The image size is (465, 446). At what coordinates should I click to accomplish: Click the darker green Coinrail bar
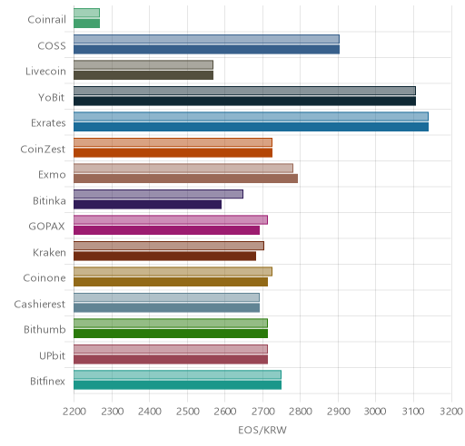pyautogui.click(x=86, y=24)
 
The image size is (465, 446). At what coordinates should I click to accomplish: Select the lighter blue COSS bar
pyautogui.click(x=206, y=39)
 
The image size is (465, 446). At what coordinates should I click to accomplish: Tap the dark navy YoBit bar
pyautogui.click(x=244, y=101)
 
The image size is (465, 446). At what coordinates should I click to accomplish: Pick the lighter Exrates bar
pyautogui.click(x=251, y=117)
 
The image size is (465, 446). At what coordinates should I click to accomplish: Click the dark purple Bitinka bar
pyautogui.click(x=147, y=204)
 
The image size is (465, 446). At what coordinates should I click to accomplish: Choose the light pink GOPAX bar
pyautogui.click(x=171, y=220)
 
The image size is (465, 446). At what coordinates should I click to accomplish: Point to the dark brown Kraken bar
pyautogui.click(x=164, y=256)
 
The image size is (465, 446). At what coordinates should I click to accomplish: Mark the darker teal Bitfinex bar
pyautogui.click(x=177, y=385)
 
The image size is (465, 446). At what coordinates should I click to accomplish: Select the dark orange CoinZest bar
pyautogui.click(x=173, y=152)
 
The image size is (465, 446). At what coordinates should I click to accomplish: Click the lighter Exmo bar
pyautogui.click(x=183, y=169)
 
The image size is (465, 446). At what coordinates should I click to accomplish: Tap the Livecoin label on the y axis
pyautogui.click(x=45, y=72)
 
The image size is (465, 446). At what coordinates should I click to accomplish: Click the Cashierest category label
pyautogui.click(x=39, y=304)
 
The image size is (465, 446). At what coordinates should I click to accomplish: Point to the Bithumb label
pyautogui.click(x=45, y=329)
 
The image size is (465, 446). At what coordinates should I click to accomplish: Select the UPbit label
pyautogui.click(x=52, y=355)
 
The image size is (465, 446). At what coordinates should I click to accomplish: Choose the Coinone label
pyautogui.click(x=45, y=278)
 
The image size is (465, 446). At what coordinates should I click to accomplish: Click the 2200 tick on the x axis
pyautogui.click(x=74, y=412)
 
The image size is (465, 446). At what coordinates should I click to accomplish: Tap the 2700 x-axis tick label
pyautogui.click(x=262, y=412)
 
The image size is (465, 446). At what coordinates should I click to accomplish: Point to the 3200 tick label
pyautogui.click(x=451, y=412)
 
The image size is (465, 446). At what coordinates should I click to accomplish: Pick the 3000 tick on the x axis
pyautogui.click(x=375, y=412)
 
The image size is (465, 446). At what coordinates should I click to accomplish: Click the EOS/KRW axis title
pyautogui.click(x=262, y=430)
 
